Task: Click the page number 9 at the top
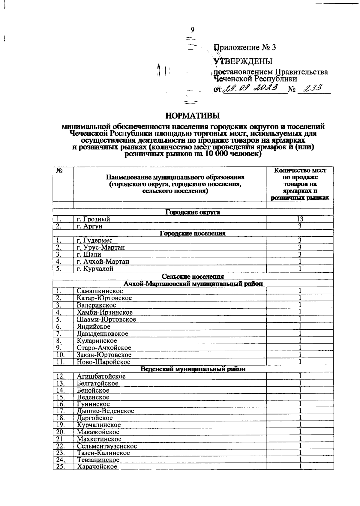pyautogui.click(x=193, y=30)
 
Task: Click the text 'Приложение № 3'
pyautogui.click(x=244, y=48)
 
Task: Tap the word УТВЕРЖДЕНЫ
pyautogui.click(x=243, y=61)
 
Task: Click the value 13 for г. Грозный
pyautogui.click(x=300, y=219)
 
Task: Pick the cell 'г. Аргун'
pyautogui.click(x=89, y=226)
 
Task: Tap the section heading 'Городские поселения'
pyautogui.click(x=193, y=233)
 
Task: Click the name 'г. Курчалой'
pyautogui.click(x=95, y=269)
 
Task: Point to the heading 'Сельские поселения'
pyautogui.click(x=193, y=277)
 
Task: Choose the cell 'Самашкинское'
pyautogui.click(x=100, y=291)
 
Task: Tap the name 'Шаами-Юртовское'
pyautogui.click(x=106, y=319)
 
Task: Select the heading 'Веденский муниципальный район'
pyautogui.click(x=193, y=369)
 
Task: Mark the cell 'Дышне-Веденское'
pyautogui.click(x=105, y=411)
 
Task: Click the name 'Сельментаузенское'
pyautogui.click(x=107, y=446)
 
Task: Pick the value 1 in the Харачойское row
pyautogui.click(x=300, y=467)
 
